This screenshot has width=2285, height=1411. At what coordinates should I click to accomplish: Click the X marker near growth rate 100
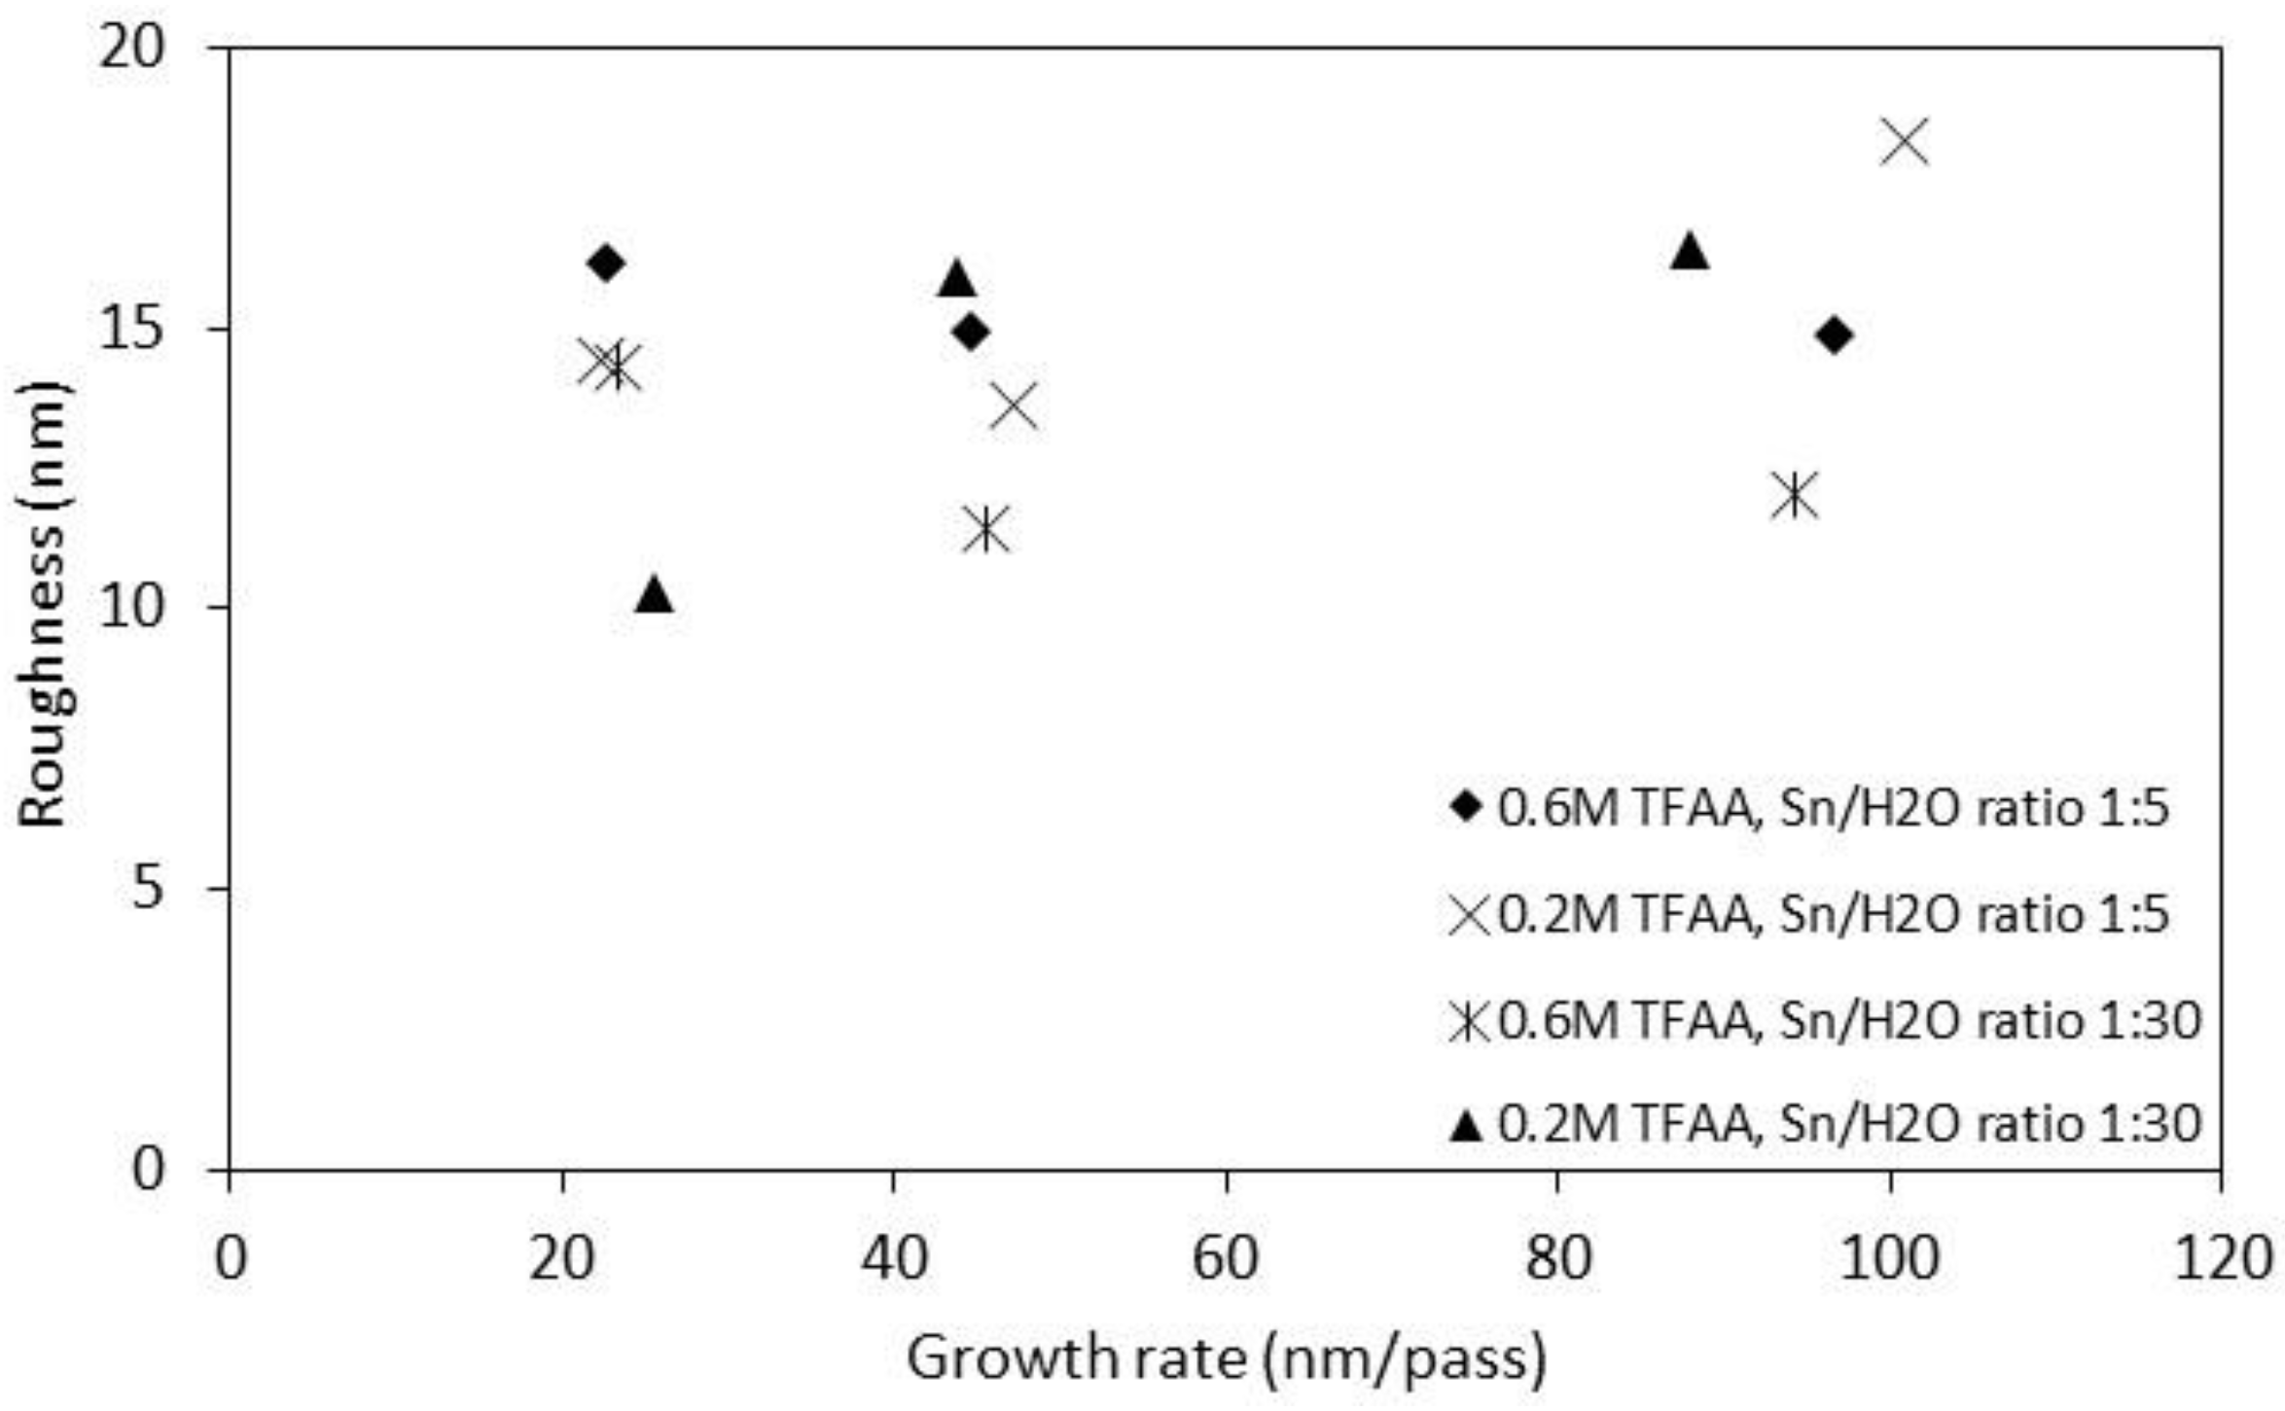[x=1904, y=142]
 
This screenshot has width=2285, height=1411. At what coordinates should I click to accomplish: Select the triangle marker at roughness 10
[x=654, y=594]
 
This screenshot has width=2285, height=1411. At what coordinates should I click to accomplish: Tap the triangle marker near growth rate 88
[x=1690, y=252]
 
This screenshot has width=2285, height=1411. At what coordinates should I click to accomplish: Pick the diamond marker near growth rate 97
[x=1834, y=336]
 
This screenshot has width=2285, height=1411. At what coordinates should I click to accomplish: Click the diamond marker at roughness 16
[x=605, y=264]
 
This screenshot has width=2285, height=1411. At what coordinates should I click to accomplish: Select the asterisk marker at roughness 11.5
[x=985, y=529]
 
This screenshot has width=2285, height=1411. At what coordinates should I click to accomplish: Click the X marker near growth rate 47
[x=1015, y=406]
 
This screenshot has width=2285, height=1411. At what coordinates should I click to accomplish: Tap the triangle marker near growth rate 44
[x=957, y=280]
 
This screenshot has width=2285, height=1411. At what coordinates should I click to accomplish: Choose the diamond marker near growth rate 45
[x=971, y=333]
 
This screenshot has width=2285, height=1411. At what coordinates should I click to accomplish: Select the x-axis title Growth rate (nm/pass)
[x=1226, y=1359]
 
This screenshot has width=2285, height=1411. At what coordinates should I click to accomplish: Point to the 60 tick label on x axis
[x=1226, y=1258]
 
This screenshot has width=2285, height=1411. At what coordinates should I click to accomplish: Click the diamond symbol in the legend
[x=1466, y=806]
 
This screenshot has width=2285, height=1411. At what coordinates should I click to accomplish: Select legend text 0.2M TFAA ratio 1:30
[x=1848, y=1124]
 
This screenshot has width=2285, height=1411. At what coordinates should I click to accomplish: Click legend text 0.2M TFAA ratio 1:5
[x=1834, y=914]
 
